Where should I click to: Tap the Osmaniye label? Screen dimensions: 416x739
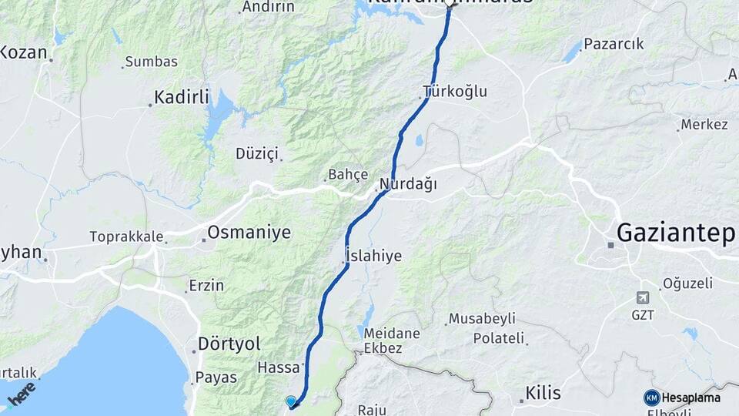249,232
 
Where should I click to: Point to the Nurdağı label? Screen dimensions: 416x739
409,185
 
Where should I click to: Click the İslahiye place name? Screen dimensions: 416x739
373,256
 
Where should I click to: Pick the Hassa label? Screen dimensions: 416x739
278,368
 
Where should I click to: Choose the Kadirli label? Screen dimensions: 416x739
182,97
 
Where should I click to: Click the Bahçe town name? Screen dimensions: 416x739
348,175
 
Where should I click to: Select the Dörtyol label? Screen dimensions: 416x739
229,343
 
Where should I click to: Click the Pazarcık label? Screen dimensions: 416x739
614,44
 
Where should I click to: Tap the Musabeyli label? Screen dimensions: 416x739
482,318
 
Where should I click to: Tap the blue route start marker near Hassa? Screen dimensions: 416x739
290,401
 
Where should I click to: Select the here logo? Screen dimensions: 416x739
21,394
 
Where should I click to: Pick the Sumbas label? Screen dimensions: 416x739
151,62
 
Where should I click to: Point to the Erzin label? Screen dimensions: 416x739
206,286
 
